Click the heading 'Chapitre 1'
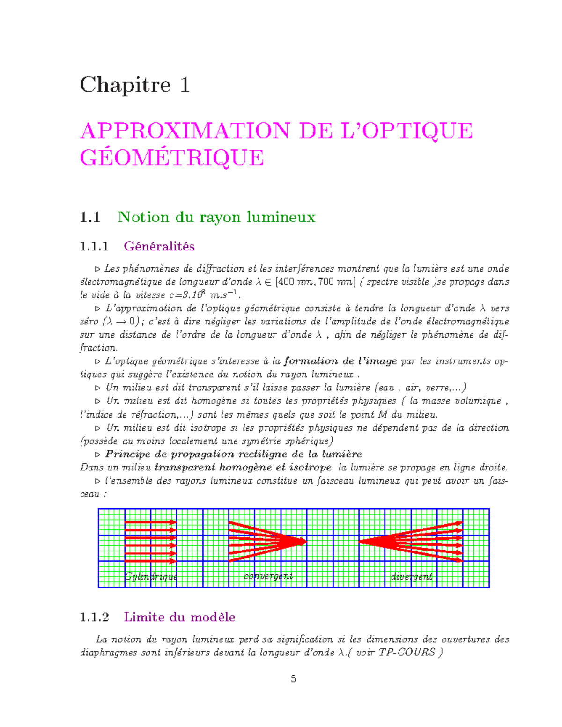click(135, 85)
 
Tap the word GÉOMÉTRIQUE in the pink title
click(172, 158)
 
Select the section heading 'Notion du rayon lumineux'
click(216, 217)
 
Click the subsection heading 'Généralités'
click(159, 246)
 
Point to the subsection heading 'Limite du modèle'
click(179, 617)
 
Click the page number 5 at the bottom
click(293, 679)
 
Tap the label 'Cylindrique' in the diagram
click(151, 576)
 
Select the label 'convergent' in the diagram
click(268, 576)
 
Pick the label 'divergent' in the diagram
click(412, 576)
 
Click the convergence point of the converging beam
click(305, 542)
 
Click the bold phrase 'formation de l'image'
click(340, 361)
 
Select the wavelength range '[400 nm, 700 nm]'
click(316, 282)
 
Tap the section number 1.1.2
click(94, 617)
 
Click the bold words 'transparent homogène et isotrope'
click(243, 467)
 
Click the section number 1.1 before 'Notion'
click(90, 217)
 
